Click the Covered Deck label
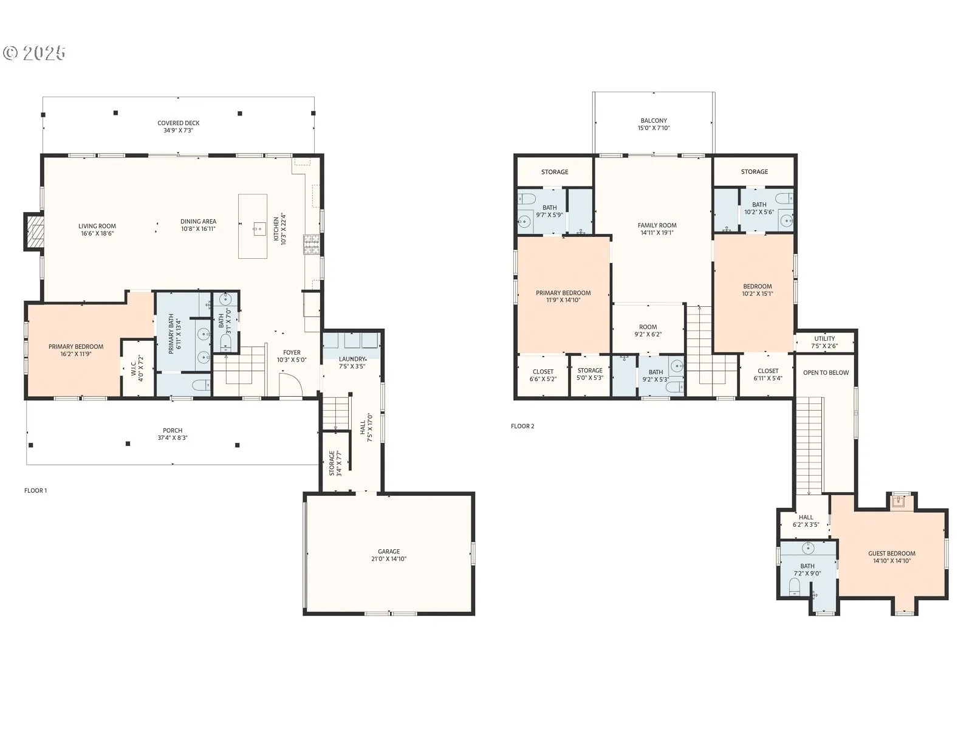179,126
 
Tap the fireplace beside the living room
34,231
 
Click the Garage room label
389,555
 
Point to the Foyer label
292,357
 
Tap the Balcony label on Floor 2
654,124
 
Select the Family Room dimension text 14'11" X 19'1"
657,233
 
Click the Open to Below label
826,372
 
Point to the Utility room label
824,342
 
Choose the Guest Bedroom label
892,557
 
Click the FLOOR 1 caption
35,490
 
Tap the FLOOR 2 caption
522,426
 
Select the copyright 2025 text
35,53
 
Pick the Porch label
173,434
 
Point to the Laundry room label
352,363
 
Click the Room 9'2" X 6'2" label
648,330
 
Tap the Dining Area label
199,225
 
